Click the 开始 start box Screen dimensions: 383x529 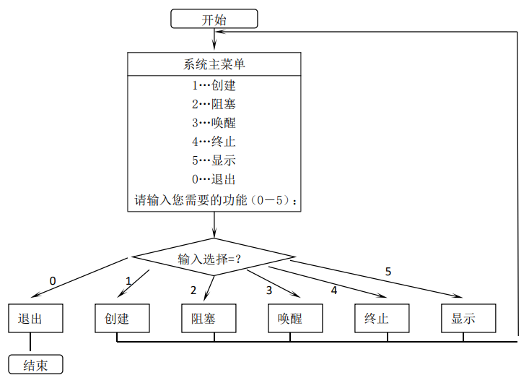pyautogui.click(x=214, y=19)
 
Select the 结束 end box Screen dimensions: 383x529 pyautogui.click(x=35, y=365)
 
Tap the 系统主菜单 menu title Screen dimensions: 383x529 pyautogui.click(x=214, y=64)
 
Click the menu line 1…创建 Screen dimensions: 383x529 pyautogui.click(x=214, y=85)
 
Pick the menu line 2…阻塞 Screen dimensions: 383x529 pyautogui.click(x=214, y=104)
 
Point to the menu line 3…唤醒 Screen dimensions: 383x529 pyautogui.click(x=214, y=123)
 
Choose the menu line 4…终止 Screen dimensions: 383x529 pyautogui.click(x=214, y=142)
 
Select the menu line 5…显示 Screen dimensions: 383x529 pyautogui.click(x=214, y=160)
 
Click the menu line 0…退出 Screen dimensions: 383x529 pyautogui.click(x=214, y=179)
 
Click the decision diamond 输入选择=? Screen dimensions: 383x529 pyautogui.click(x=214, y=258)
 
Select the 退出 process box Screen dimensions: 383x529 pyautogui.click(x=35, y=318)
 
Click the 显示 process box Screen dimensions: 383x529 pyautogui.click(x=468, y=318)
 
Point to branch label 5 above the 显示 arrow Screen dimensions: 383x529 pyautogui.click(x=388, y=272)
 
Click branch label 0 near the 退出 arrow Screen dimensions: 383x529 pyautogui.click(x=53, y=280)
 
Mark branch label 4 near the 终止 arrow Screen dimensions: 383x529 pyautogui.click(x=334, y=290)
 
